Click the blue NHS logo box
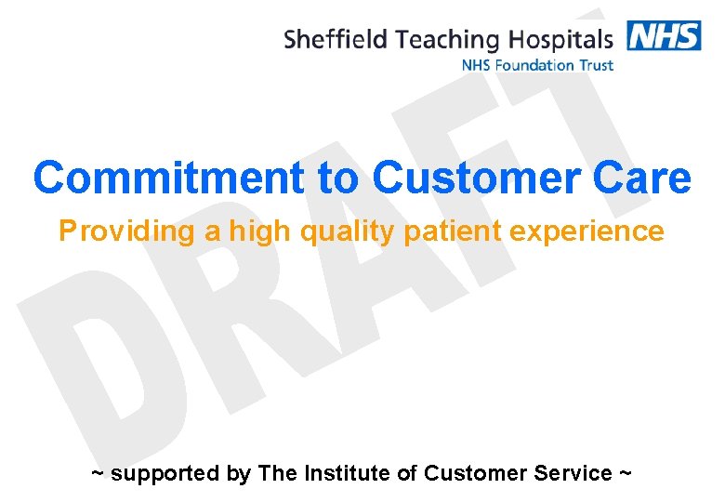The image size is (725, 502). click(664, 35)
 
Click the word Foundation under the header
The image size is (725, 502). click(534, 65)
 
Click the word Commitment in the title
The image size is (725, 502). click(168, 178)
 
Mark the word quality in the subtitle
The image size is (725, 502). click(348, 231)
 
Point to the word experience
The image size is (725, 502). click(587, 231)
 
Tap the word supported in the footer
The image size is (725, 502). click(167, 473)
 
